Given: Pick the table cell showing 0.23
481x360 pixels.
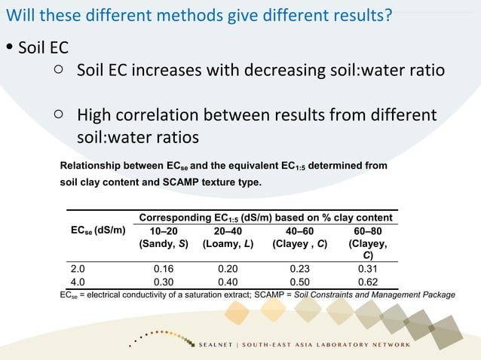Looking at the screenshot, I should (x=301, y=267).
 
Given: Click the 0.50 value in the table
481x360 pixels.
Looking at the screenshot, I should (x=301, y=282).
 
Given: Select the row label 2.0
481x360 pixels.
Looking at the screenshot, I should (x=78, y=267).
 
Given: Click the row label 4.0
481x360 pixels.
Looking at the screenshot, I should (x=78, y=282).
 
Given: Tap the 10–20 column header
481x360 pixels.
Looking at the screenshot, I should (x=164, y=231).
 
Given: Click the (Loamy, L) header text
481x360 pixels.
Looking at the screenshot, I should (x=227, y=244).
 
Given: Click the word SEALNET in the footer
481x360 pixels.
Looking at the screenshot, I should (x=217, y=344).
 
